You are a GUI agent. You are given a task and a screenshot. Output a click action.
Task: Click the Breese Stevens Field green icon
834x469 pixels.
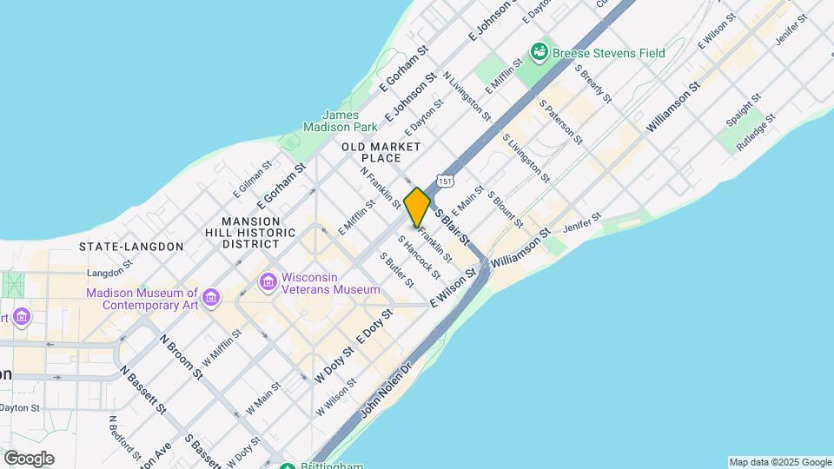point(540,53)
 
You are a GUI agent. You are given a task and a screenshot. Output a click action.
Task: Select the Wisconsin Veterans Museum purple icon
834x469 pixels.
point(268,282)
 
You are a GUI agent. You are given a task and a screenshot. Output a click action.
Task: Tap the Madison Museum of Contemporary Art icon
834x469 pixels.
point(211,300)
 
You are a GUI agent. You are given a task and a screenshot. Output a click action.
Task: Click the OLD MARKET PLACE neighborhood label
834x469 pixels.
point(383,152)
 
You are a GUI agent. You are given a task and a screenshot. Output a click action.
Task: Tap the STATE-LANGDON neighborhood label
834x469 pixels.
point(131,247)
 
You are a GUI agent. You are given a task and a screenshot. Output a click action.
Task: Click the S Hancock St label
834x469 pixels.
point(419,257)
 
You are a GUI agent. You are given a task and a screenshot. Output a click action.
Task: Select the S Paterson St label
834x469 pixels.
point(560,121)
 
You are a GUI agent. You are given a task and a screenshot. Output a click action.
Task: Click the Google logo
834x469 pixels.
point(29,459)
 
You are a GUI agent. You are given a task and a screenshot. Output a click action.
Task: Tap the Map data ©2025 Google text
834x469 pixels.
point(779,462)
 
